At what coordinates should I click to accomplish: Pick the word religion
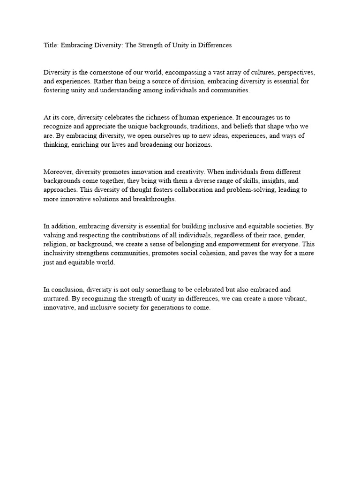56,244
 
